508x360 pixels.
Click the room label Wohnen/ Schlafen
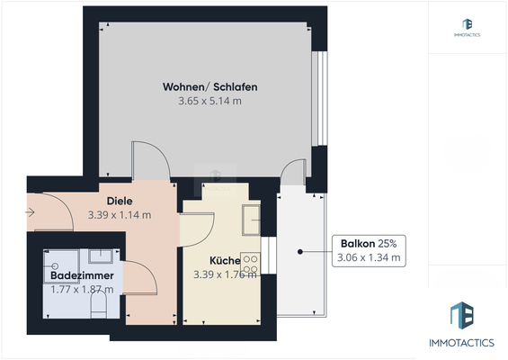[210, 87]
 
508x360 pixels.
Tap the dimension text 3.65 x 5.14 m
[210, 102]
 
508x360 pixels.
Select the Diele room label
[120, 201]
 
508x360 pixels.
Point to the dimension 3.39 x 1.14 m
[120, 215]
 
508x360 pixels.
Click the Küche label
[226, 261]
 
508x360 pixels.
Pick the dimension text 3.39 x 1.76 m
[226, 274]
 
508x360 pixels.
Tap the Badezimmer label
[80, 275]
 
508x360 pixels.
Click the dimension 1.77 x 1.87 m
[82, 289]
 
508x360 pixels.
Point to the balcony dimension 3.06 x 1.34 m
[370, 258]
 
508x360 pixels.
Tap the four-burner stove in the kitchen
[252, 264]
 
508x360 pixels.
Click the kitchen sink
[252, 219]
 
